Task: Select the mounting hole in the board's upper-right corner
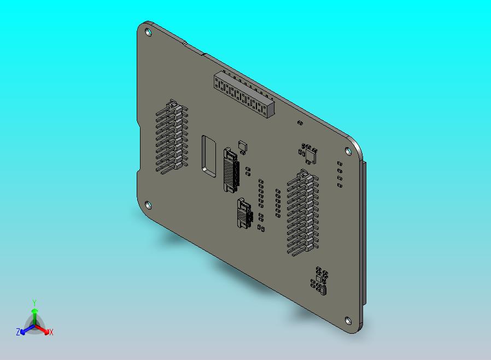point(346,151)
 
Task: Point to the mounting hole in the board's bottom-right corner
point(348,321)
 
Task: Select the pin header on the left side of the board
point(171,137)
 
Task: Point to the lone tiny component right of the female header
point(299,123)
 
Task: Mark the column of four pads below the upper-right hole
point(340,174)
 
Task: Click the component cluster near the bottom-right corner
point(319,280)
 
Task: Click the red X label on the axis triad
point(51,332)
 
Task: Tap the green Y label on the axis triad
point(34,303)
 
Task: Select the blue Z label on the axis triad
point(18,332)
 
